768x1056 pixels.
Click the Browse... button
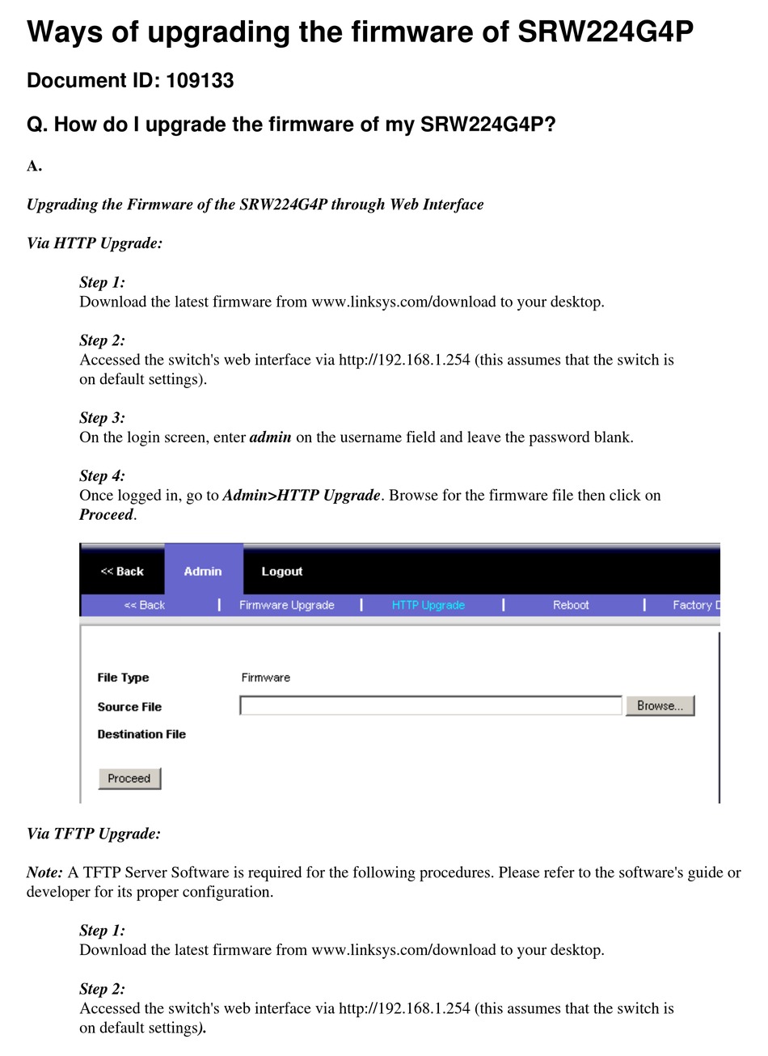[660, 706]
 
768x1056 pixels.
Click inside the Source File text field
[431, 706]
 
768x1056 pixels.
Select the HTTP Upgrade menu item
[428, 605]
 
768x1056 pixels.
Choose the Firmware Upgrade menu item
[286, 605]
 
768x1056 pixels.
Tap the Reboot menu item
[571, 605]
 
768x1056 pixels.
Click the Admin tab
[203, 571]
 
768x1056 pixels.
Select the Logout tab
[281, 571]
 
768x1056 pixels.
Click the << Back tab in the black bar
[122, 571]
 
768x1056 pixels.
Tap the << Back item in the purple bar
[144, 605]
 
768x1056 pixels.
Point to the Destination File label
[141, 734]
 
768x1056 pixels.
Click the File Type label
[123, 678]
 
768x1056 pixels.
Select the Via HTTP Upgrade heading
[95, 243]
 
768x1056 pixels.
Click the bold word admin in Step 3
[270, 437]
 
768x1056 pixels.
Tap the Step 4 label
[102, 476]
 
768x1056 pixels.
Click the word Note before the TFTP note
[44, 872]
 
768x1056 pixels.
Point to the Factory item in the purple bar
[694, 605]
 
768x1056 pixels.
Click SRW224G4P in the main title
[605, 32]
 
